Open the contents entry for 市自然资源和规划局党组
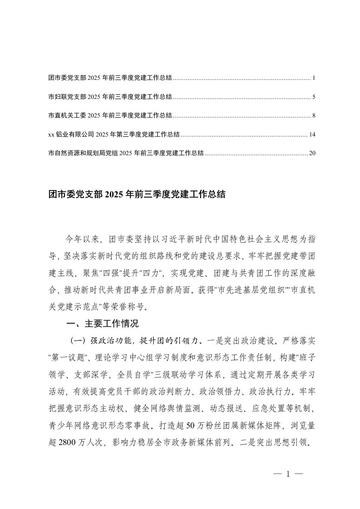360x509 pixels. [126, 153]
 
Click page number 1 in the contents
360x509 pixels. [314, 78]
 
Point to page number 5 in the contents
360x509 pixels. [314, 97]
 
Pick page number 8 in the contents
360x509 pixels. [314, 116]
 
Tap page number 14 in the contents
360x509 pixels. [312, 134]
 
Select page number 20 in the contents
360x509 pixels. [312, 153]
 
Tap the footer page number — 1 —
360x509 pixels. [288, 475]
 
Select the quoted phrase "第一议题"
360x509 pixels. [69, 354]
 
